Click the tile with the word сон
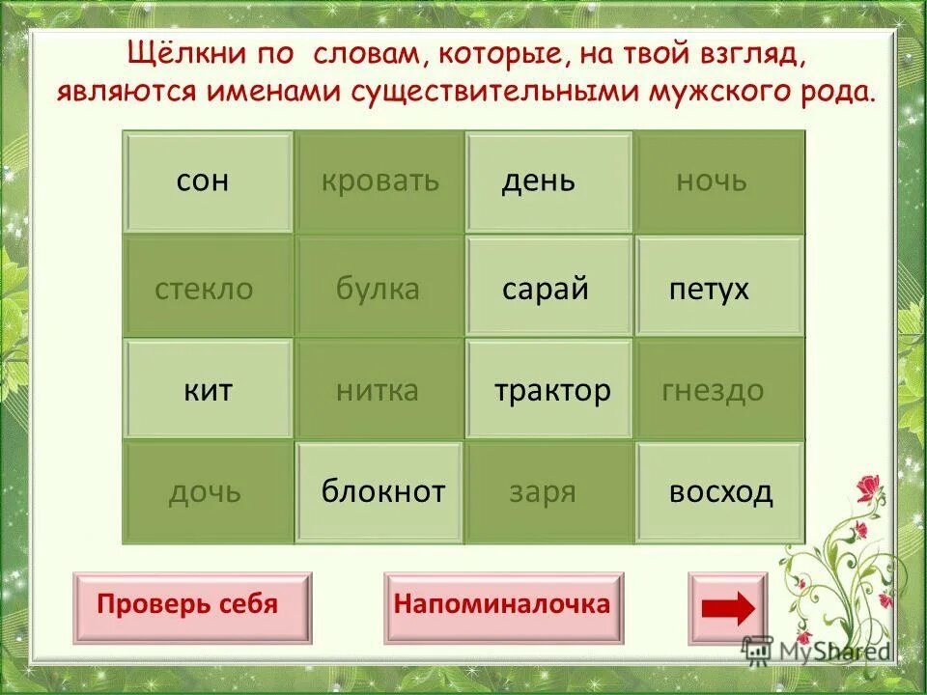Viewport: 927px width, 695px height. tap(208, 182)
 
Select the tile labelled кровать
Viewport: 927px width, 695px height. tap(379, 182)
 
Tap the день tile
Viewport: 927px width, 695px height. tap(548, 182)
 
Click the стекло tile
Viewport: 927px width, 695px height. tap(208, 287)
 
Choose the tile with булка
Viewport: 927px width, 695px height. tap(379, 287)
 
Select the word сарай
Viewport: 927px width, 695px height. tap(548, 287)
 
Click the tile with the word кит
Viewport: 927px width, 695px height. tap(208, 390)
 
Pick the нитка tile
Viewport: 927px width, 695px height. tap(379, 390)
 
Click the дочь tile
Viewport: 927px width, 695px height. tap(208, 492)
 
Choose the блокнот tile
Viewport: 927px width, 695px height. tap(379, 492)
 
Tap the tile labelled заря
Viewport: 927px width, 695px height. tap(548, 492)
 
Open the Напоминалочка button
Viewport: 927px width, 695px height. tap(502, 606)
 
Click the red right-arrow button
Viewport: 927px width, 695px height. tap(727, 608)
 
